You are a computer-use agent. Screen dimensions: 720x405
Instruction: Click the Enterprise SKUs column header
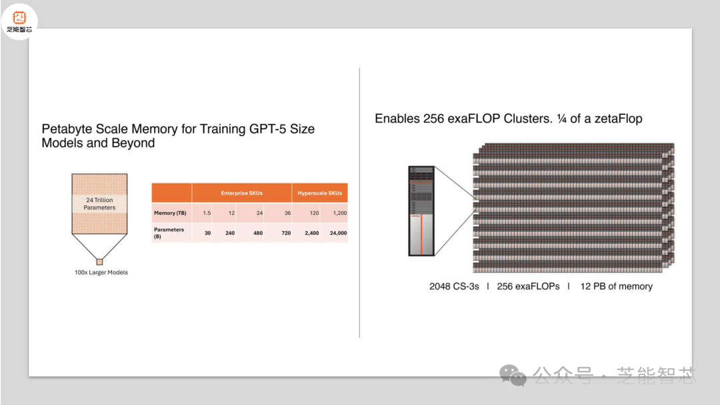click(241, 193)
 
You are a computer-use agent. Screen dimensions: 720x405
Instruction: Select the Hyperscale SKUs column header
click(319, 193)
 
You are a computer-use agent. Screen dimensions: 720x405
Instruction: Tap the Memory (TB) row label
click(170, 213)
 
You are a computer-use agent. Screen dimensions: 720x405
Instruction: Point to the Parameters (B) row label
click(169, 233)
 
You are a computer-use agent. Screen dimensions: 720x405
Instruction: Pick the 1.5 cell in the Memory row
click(207, 213)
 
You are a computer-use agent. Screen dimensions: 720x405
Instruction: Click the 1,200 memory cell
click(340, 213)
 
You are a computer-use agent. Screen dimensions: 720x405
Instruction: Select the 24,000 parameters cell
click(339, 233)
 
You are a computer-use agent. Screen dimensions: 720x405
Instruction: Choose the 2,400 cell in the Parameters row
click(312, 233)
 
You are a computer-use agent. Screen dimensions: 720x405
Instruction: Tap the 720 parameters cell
click(286, 233)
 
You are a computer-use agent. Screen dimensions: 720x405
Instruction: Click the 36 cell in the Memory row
click(287, 213)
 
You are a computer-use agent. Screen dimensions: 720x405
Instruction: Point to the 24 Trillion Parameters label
click(99, 204)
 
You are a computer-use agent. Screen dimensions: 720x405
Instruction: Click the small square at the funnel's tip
click(99, 262)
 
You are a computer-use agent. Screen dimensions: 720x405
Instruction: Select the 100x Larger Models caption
click(101, 272)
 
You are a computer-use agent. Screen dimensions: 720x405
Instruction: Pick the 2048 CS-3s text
click(454, 286)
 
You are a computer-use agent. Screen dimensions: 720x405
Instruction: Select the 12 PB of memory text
click(616, 286)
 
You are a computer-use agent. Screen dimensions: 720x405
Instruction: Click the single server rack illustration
click(421, 211)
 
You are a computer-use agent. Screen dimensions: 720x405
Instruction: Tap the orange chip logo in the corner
click(19, 17)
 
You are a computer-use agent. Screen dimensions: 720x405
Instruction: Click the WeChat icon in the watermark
click(513, 375)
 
